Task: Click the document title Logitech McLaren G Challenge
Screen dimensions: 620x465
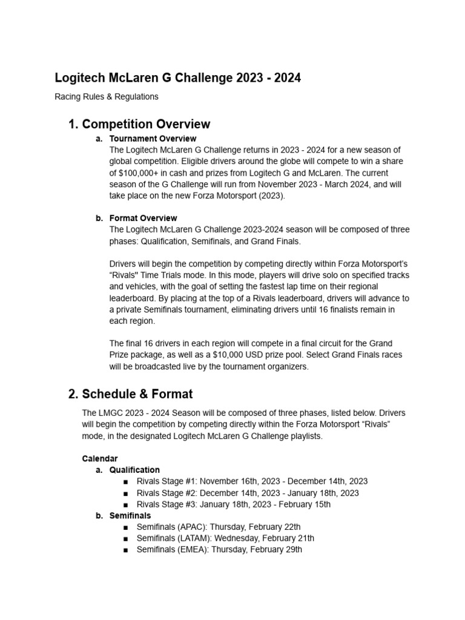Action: point(177,78)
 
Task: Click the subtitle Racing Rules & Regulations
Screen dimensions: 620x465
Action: point(107,96)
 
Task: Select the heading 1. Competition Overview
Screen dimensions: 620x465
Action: point(139,124)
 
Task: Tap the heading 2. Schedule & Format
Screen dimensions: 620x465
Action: point(131,394)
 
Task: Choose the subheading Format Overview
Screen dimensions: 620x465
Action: point(143,218)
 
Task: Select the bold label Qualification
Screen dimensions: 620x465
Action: point(134,470)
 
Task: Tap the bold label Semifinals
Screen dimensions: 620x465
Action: point(130,516)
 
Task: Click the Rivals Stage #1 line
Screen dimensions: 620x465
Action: point(252,481)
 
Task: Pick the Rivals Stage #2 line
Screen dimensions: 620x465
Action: point(248,493)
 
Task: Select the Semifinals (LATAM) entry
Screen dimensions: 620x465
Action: point(225,538)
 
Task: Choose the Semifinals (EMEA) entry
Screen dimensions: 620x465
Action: point(219,550)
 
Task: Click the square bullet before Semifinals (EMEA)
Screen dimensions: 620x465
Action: point(125,550)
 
